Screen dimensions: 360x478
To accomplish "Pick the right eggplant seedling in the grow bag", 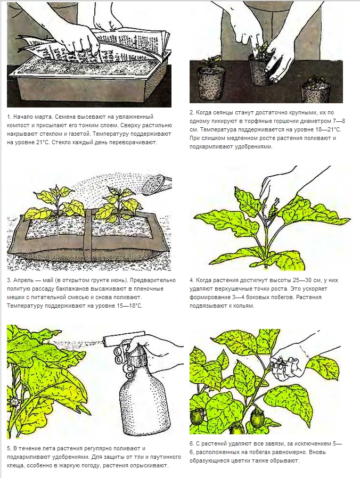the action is [x=118, y=204].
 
